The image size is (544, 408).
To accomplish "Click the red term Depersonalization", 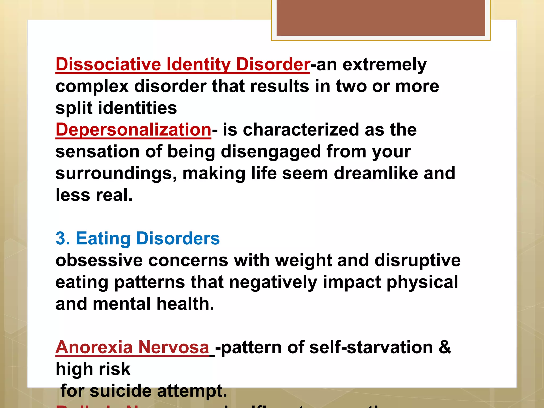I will point(133,130).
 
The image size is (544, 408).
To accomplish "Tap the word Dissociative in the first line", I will point(108,65).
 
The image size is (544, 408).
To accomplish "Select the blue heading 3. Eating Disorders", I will point(138,238).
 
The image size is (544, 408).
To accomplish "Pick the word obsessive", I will point(99,260).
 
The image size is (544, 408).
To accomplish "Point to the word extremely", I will point(384,65).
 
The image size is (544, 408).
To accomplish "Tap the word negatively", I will point(273,282).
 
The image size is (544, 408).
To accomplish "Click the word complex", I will point(92,87).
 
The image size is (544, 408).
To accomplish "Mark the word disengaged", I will point(271,152).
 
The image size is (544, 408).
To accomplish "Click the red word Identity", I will point(198,65).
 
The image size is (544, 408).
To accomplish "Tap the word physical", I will point(422,282).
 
